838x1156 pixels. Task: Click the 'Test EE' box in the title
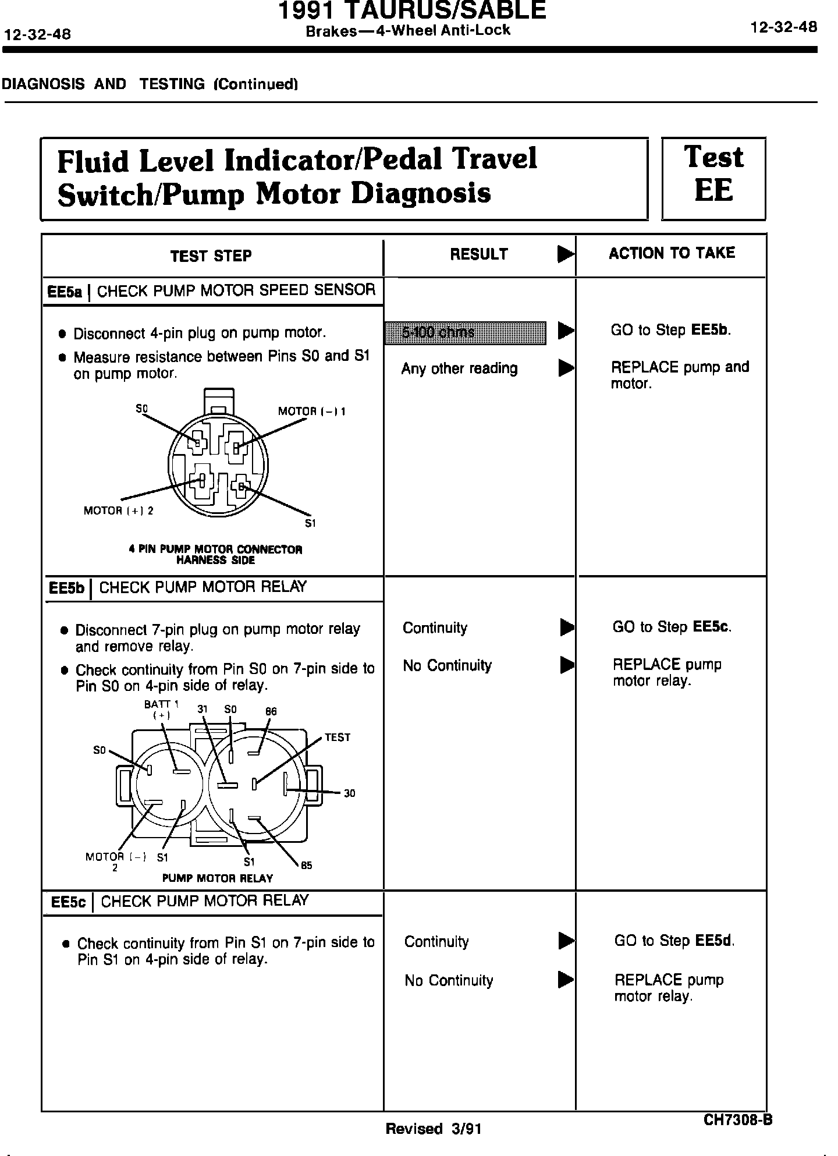(713, 179)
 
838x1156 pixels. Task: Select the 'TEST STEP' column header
(211, 256)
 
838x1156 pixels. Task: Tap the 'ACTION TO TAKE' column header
(672, 253)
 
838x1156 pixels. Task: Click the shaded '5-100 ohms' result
(465, 332)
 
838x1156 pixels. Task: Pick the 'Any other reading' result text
(459, 368)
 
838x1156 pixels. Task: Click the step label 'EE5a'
(65, 292)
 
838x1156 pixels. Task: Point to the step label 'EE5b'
(67, 588)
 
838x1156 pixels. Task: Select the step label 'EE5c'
(68, 902)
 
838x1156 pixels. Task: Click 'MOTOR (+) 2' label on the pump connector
(119, 511)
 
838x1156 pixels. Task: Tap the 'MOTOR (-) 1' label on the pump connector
(312, 412)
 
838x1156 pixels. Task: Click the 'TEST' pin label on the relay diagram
(338, 737)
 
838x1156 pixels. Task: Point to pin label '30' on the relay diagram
(349, 793)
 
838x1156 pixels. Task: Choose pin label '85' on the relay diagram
(307, 866)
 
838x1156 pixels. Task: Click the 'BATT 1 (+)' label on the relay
(161, 710)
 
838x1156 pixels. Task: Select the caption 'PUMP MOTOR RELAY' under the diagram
(217, 878)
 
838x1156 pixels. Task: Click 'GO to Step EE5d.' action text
(674, 941)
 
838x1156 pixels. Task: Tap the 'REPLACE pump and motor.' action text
(680, 375)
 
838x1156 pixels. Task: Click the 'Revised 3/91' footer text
(434, 1129)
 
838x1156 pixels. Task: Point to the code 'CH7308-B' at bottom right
(737, 1120)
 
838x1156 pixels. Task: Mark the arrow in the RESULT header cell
(564, 254)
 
